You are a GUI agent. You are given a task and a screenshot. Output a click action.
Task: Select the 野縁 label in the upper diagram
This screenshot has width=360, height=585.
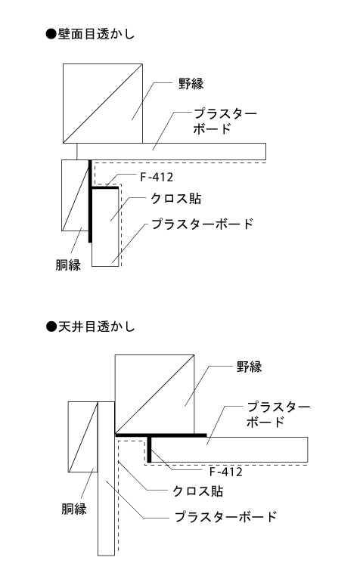pyautogui.click(x=191, y=84)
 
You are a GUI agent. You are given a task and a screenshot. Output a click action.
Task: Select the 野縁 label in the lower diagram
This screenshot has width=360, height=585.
pyautogui.click(x=249, y=367)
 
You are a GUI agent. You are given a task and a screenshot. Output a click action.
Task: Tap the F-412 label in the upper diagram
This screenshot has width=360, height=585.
pyautogui.click(x=157, y=177)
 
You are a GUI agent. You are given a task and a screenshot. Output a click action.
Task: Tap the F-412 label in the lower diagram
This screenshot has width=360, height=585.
pyautogui.click(x=225, y=472)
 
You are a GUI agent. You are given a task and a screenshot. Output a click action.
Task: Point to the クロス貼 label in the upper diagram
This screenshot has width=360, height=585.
pyautogui.click(x=175, y=199)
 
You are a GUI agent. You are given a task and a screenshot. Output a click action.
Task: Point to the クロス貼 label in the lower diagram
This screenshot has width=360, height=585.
pyautogui.click(x=197, y=491)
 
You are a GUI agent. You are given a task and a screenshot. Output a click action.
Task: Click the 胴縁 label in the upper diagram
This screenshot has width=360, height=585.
pyautogui.click(x=68, y=265)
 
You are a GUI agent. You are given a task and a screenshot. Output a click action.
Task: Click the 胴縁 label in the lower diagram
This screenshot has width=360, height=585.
pyautogui.click(x=74, y=509)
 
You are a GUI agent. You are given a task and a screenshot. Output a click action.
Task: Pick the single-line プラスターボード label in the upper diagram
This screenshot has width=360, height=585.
pyautogui.click(x=202, y=224)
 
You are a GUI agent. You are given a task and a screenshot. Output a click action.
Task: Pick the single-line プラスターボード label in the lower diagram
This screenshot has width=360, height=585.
pyautogui.click(x=225, y=517)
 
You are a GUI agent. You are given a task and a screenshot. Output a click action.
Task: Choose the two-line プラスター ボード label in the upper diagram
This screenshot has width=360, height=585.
pyautogui.click(x=225, y=121)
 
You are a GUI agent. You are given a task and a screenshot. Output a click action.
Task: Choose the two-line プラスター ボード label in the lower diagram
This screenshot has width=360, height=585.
pyautogui.click(x=278, y=413)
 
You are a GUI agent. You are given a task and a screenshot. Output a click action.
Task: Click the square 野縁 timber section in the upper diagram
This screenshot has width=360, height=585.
pyautogui.click(x=103, y=104)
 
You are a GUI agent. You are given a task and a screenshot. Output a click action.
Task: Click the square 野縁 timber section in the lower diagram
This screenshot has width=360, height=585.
pyautogui.click(x=154, y=395)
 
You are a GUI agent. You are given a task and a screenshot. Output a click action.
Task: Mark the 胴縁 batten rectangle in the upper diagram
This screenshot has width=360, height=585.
pyautogui.click(x=76, y=196)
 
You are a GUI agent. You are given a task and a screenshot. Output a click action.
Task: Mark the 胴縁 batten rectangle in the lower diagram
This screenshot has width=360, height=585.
pyautogui.click(x=83, y=437)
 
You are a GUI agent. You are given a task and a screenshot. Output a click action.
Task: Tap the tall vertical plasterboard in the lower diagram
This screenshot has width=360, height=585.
pyautogui.click(x=106, y=478)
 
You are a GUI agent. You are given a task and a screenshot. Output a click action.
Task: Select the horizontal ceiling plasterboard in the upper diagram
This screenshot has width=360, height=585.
pyautogui.click(x=172, y=151)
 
